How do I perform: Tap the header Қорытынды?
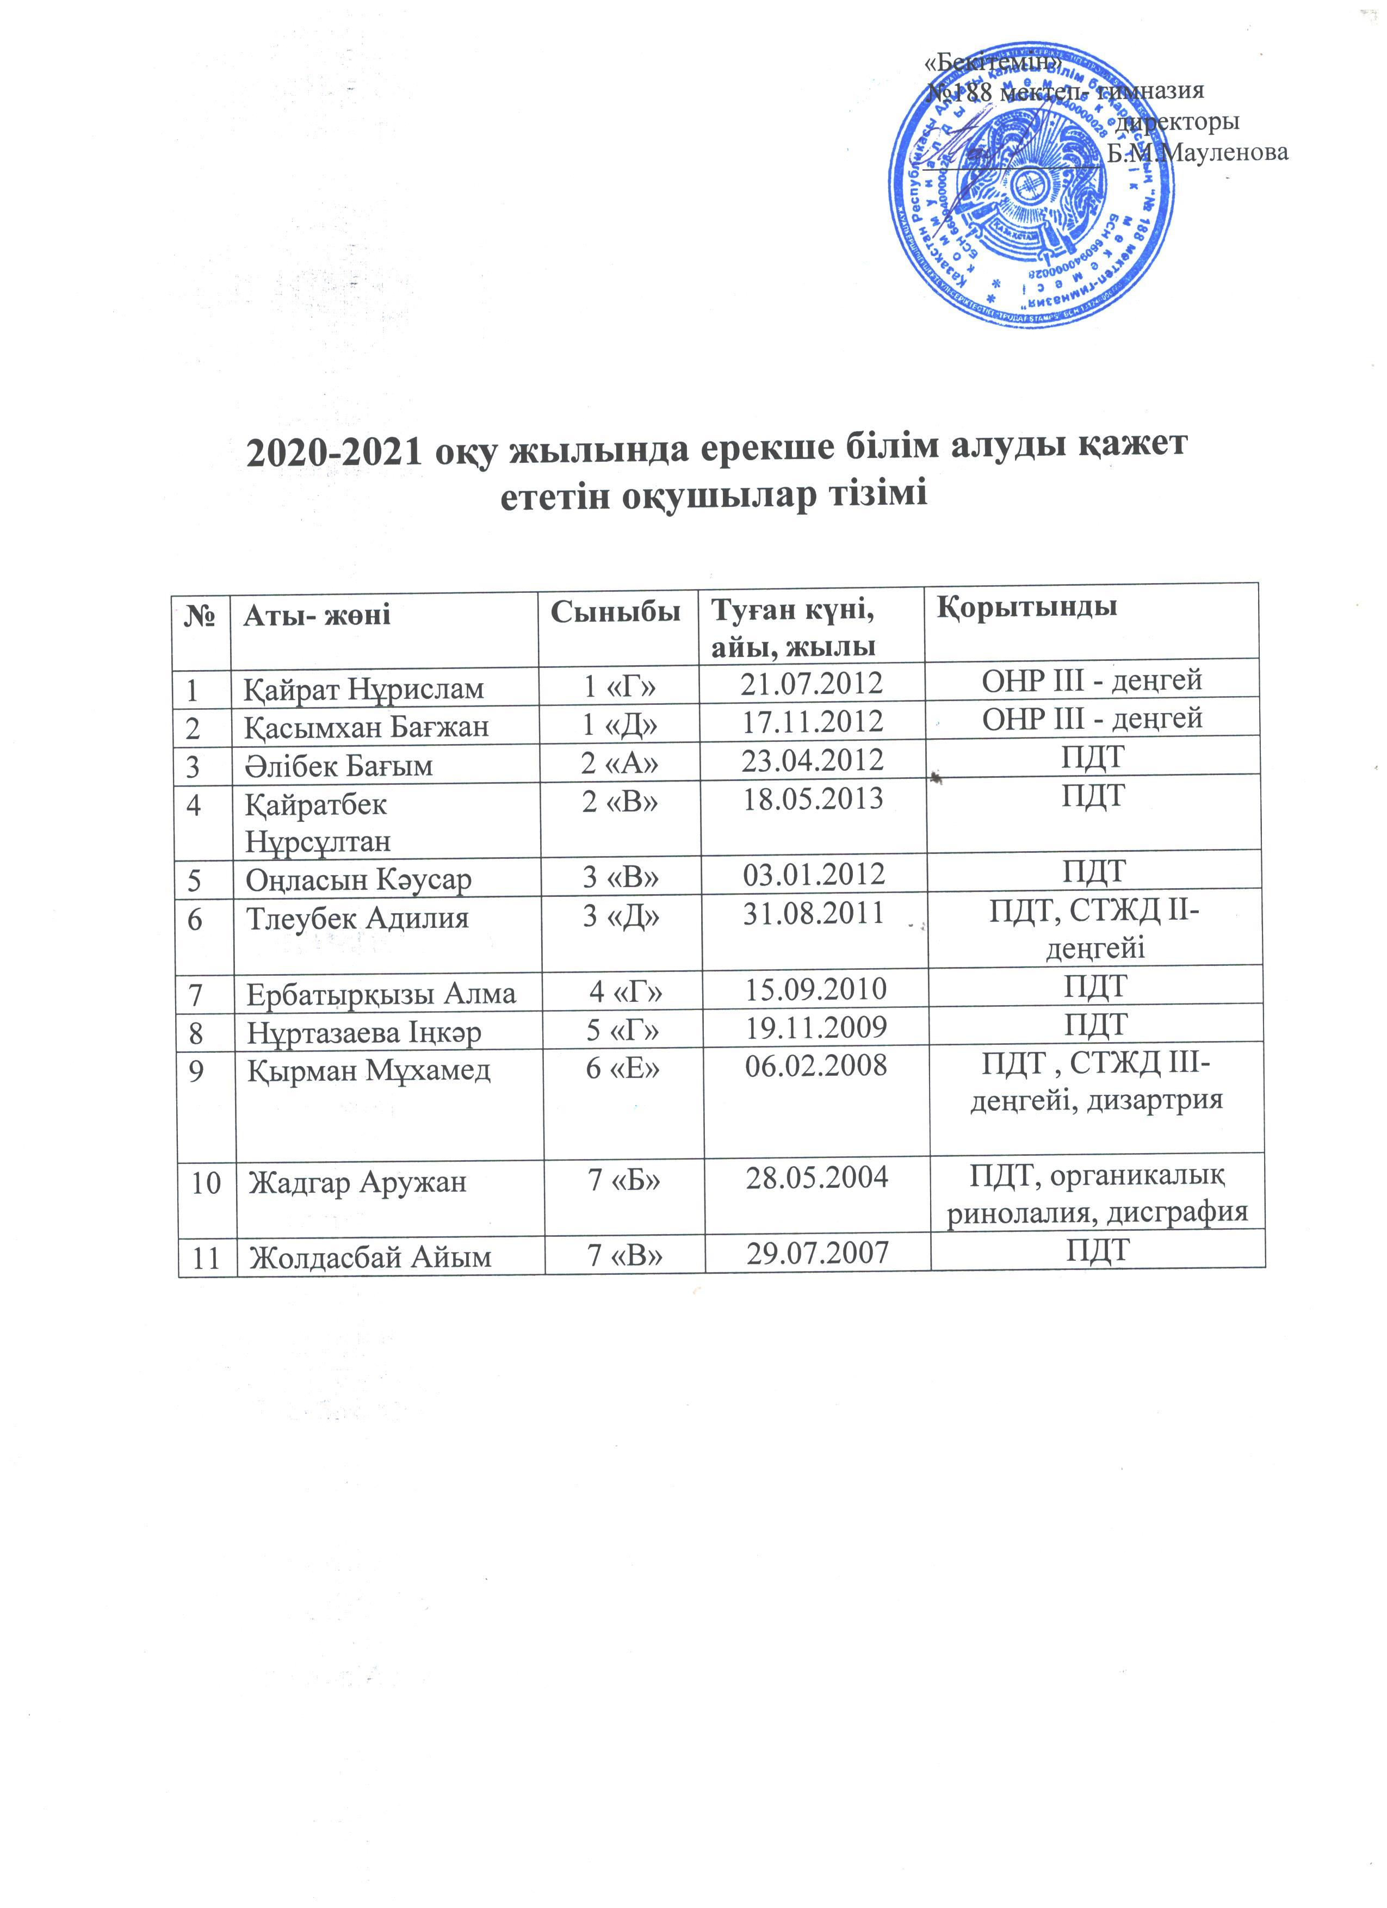(x=1027, y=608)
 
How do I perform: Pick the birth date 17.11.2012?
(x=812, y=722)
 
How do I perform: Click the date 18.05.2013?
(x=813, y=798)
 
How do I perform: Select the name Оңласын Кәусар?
(x=358, y=879)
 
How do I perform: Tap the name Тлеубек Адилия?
(x=357, y=917)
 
